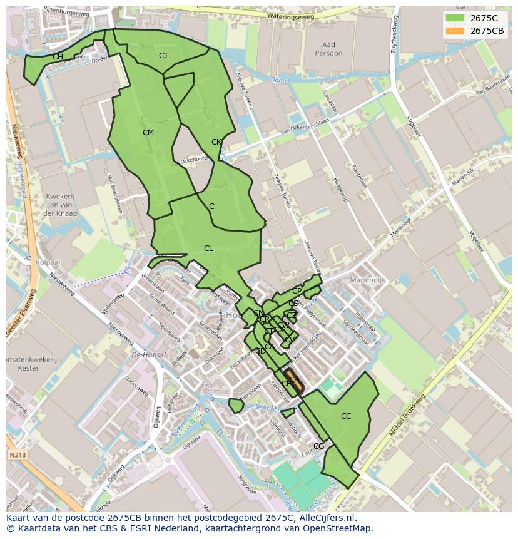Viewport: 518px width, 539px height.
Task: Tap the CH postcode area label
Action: [x=58, y=57]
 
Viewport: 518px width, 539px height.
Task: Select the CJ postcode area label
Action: [x=163, y=56]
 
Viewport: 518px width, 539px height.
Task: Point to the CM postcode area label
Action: [x=148, y=133]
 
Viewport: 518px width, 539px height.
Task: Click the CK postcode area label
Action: [x=216, y=142]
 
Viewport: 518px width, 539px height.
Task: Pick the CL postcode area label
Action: [x=208, y=249]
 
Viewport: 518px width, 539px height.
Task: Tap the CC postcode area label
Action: [x=346, y=416]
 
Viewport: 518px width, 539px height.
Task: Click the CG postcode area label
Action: [x=319, y=446]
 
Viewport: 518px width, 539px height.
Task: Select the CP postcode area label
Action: [x=297, y=291]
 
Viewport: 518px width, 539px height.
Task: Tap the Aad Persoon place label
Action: [x=328, y=49]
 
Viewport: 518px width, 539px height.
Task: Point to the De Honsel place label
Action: [x=149, y=355]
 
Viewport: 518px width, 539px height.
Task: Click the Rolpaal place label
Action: [x=48, y=262]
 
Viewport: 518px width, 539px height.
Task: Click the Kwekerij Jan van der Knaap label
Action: [x=61, y=205]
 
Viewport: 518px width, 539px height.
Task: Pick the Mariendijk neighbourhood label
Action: [x=368, y=280]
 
